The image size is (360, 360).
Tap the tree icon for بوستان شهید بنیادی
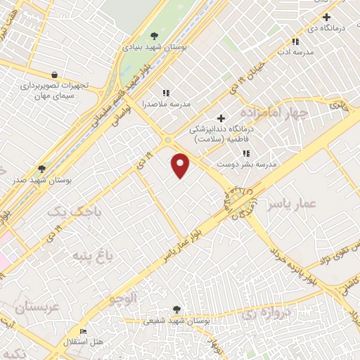[155, 37]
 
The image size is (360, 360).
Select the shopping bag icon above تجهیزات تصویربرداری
[54, 75]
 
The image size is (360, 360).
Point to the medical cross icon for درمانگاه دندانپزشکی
[221, 118]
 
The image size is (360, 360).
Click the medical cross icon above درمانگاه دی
[325, 17]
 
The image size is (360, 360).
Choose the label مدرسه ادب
[293, 53]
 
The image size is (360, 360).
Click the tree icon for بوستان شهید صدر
[42, 169]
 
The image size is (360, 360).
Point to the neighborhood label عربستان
[30, 307]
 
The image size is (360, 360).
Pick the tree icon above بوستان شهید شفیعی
[176, 309]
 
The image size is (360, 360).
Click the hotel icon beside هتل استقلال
[84, 332]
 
